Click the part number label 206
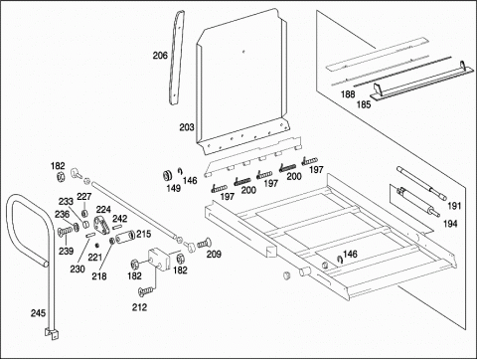pyautogui.click(x=160, y=56)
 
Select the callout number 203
pyautogui.click(x=187, y=127)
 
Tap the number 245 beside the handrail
pyautogui.click(x=38, y=313)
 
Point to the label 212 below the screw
pyautogui.click(x=139, y=307)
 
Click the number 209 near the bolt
pyautogui.click(x=214, y=255)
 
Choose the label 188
pyautogui.click(x=348, y=94)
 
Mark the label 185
pyautogui.click(x=364, y=104)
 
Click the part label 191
pyautogui.click(x=454, y=206)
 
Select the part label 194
pyautogui.click(x=450, y=224)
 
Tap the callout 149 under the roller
pyautogui.click(x=174, y=189)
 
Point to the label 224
pyautogui.click(x=103, y=210)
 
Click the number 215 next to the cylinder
pyautogui.click(x=143, y=234)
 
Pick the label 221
pyautogui.click(x=95, y=258)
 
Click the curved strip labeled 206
pyautogui.click(x=176, y=57)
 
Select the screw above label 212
pyautogui.click(x=146, y=291)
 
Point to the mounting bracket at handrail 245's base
pyautogui.click(x=52, y=333)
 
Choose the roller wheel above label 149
pyautogui.click(x=169, y=175)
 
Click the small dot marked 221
pyautogui.click(x=97, y=246)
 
